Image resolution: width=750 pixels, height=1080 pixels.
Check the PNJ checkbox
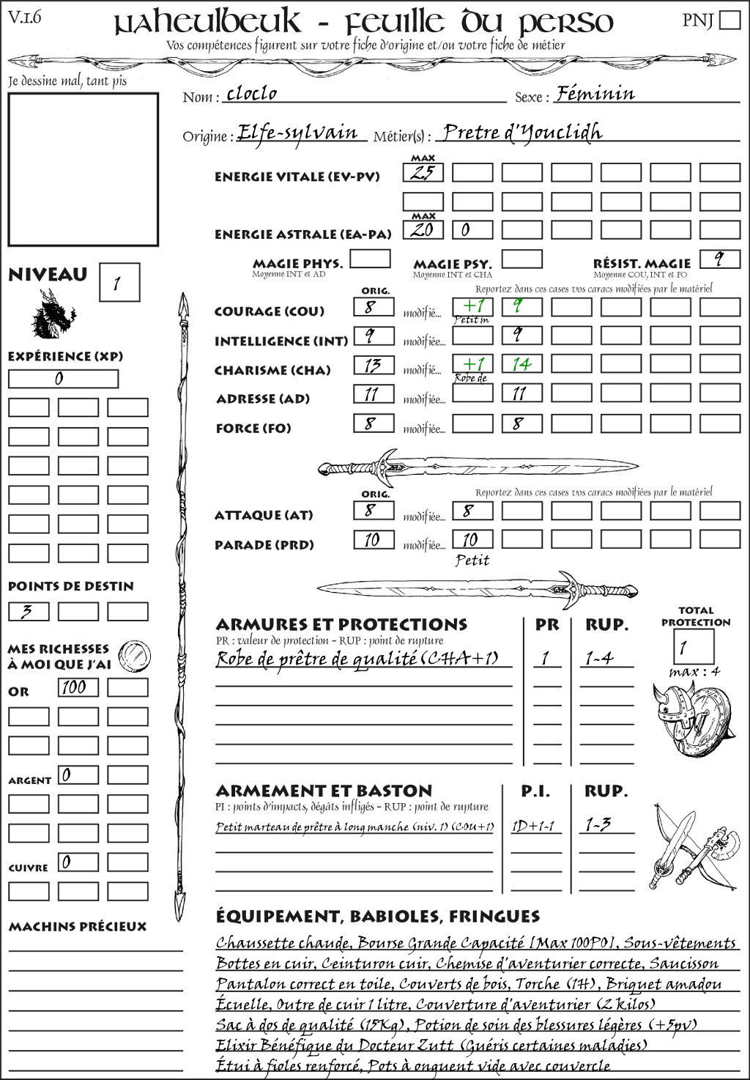tap(729, 20)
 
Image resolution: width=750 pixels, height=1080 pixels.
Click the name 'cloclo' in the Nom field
tap(252, 94)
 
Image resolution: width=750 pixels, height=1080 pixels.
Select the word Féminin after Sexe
tap(595, 94)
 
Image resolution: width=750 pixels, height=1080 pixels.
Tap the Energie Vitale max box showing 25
tap(423, 173)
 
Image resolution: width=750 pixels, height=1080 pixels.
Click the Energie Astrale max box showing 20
tap(423, 230)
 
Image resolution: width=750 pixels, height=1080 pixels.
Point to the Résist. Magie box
tap(719, 259)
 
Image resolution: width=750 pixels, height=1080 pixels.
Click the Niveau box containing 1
tap(119, 283)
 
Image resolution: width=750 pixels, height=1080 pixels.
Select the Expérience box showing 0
tap(63, 379)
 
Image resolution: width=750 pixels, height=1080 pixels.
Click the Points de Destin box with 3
tap(29, 611)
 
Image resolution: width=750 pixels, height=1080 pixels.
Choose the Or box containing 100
tap(78, 687)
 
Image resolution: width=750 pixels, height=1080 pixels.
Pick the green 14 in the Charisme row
tap(521, 364)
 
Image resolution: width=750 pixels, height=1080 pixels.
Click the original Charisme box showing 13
tap(374, 365)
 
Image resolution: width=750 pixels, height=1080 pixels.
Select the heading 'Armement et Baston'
tap(324, 791)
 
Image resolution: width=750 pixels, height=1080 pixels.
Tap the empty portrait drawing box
tap(83, 169)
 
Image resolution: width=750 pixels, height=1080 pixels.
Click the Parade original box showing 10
tap(374, 540)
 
